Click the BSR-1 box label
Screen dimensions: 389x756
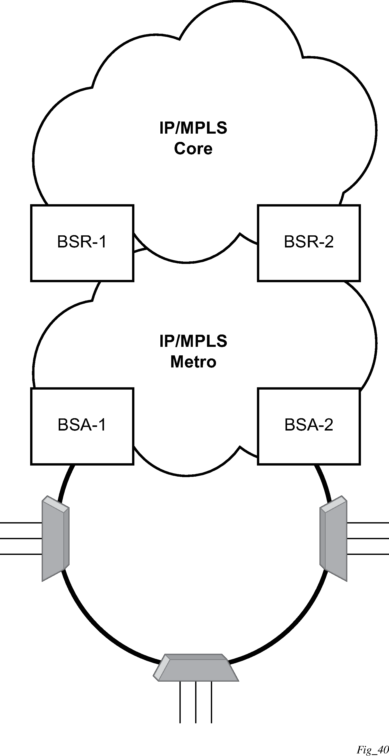point(82,242)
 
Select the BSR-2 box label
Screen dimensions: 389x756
point(309,242)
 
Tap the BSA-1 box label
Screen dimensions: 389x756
point(82,425)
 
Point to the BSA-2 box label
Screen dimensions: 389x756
point(309,425)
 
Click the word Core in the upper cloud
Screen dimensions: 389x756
point(193,149)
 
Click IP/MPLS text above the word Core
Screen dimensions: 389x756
point(193,128)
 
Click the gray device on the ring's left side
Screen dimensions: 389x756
point(55,538)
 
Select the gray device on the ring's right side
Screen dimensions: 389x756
point(333,538)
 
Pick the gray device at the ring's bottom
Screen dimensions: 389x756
point(196,667)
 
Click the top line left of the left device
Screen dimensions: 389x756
point(21,523)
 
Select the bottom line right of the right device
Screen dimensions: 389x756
point(368,554)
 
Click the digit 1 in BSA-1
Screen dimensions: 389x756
point(102,425)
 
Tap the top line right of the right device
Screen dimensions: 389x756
point(368,523)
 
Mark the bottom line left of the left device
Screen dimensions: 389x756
point(21,554)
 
